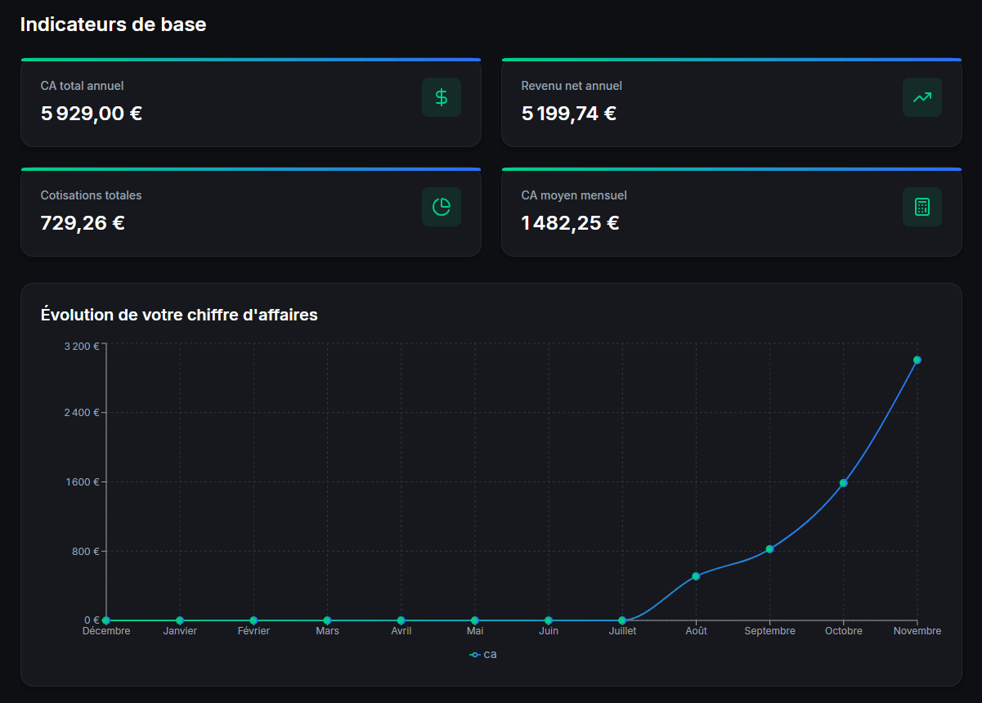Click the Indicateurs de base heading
coord(113,25)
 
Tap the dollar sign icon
coord(442,97)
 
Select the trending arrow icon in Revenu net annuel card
coord(922,97)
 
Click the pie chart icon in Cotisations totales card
coord(442,207)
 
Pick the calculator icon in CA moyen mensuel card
coord(922,207)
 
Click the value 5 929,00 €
coord(92,114)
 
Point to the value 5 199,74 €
coord(569,114)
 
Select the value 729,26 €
coord(83,222)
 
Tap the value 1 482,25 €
coord(571,222)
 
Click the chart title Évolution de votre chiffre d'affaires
coord(179,314)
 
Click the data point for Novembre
coord(917,360)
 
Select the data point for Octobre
coord(844,483)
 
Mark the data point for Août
coord(696,576)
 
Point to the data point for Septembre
coord(769,549)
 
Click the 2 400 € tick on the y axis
coord(82,412)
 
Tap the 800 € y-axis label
coord(85,551)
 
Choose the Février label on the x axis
coord(253,631)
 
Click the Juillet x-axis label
coord(622,631)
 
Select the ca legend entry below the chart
coord(483,655)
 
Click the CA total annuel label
coord(82,85)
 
